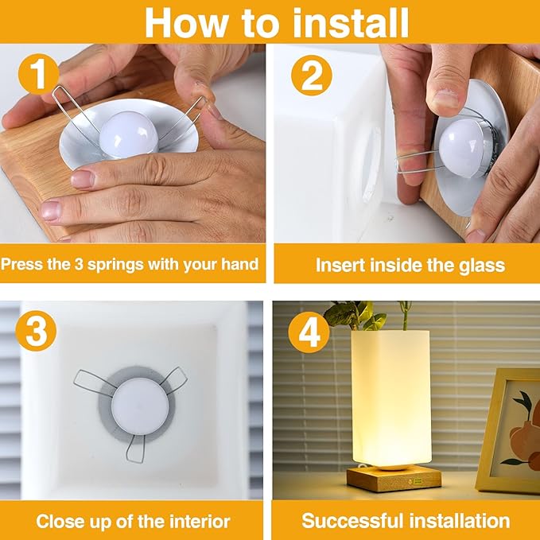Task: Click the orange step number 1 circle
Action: (x=38, y=75)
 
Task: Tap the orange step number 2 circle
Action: (x=311, y=75)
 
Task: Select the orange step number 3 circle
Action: (x=36, y=331)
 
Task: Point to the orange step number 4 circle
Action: (x=309, y=332)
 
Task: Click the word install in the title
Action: (x=351, y=23)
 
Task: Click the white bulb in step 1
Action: (x=128, y=134)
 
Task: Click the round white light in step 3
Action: (x=140, y=406)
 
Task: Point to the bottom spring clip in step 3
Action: (x=135, y=449)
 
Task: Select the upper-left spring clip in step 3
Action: (x=93, y=381)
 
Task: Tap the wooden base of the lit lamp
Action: (x=394, y=478)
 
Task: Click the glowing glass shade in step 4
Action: (x=390, y=398)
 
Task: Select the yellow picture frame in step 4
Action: (x=509, y=431)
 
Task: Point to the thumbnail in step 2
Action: (x=445, y=97)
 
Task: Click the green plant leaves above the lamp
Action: (x=358, y=315)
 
